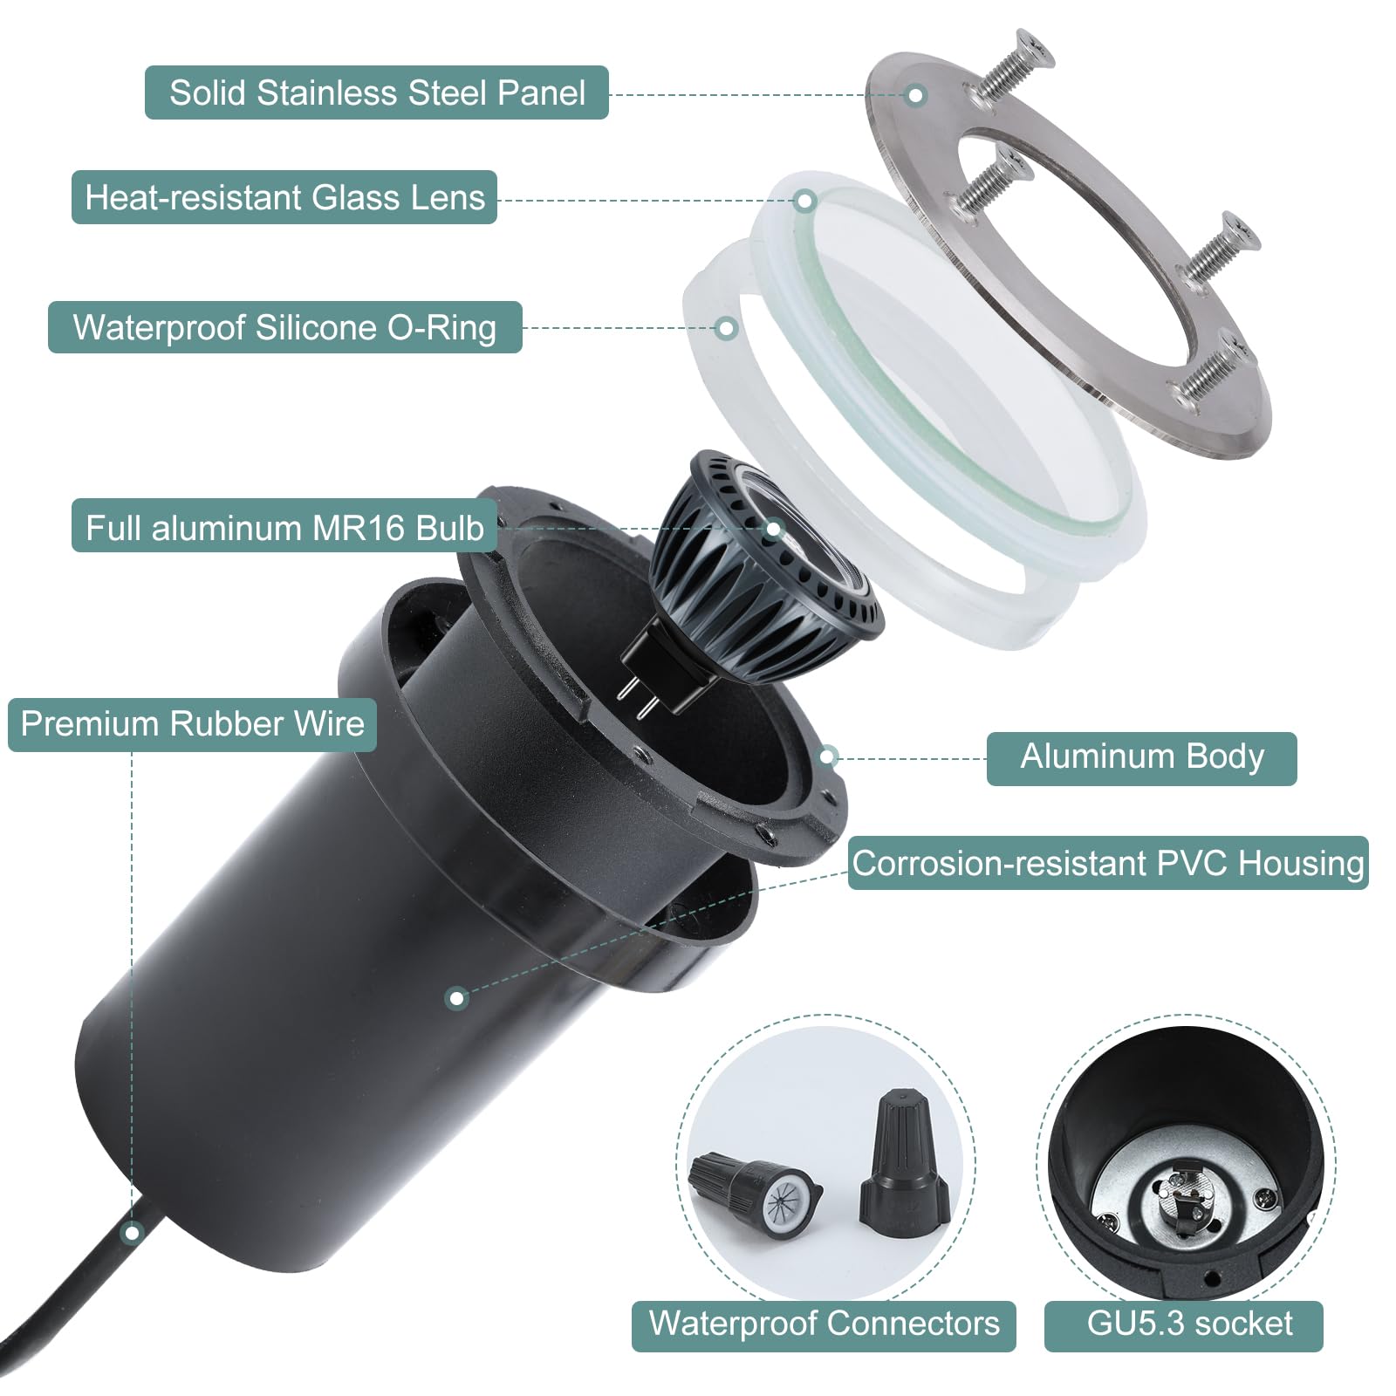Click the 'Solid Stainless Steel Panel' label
(x=377, y=92)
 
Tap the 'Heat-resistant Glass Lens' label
(x=284, y=197)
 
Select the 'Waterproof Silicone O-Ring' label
(x=284, y=327)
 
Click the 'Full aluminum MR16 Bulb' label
(x=284, y=528)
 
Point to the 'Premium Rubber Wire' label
(x=192, y=723)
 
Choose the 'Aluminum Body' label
(x=1141, y=757)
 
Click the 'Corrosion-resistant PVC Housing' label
(x=1108, y=863)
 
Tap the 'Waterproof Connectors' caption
(x=824, y=1324)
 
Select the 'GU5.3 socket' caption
(x=1189, y=1324)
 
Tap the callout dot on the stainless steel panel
(x=915, y=95)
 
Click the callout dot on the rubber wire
(x=133, y=1233)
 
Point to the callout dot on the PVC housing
(x=456, y=998)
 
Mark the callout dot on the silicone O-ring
(x=726, y=329)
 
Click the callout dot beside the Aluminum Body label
(x=828, y=756)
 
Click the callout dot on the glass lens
(x=805, y=202)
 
